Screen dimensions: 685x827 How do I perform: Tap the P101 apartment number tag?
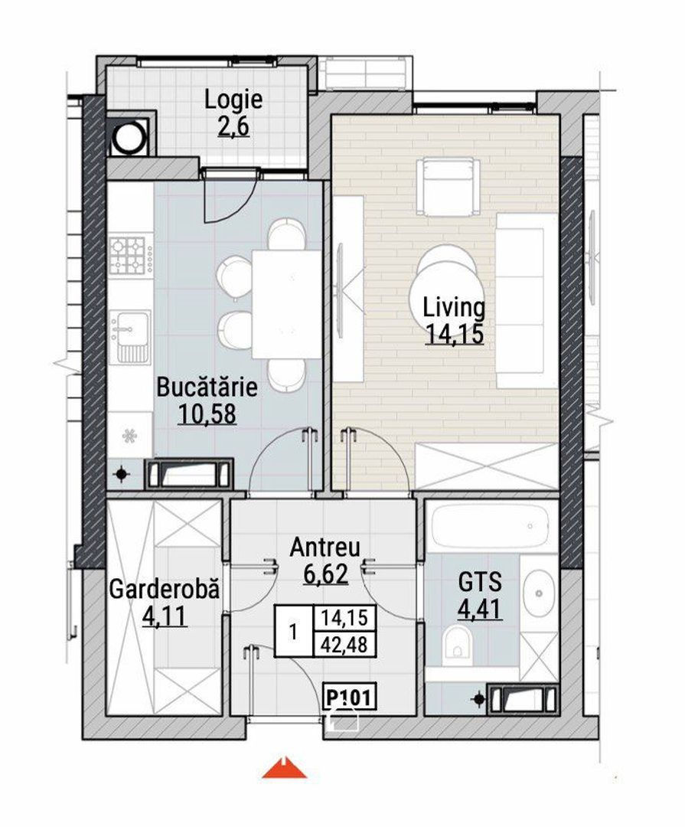click(350, 698)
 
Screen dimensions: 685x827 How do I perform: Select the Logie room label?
click(233, 100)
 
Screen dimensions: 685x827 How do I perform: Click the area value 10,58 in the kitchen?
click(207, 414)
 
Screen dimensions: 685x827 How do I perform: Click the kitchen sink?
click(129, 336)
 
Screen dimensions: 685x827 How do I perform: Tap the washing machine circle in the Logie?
click(129, 137)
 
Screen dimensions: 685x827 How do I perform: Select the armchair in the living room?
click(449, 187)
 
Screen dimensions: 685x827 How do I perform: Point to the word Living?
click(454, 309)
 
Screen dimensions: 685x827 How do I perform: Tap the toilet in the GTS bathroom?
click(457, 643)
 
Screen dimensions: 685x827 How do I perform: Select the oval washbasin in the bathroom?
click(538, 593)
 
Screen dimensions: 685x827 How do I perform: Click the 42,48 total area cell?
click(344, 645)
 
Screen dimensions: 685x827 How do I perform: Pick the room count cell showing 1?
click(294, 631)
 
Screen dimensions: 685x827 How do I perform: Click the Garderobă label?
click(164, 589)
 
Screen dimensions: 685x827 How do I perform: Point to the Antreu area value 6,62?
click(326, 574)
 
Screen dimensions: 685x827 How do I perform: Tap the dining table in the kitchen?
click(287, 304)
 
